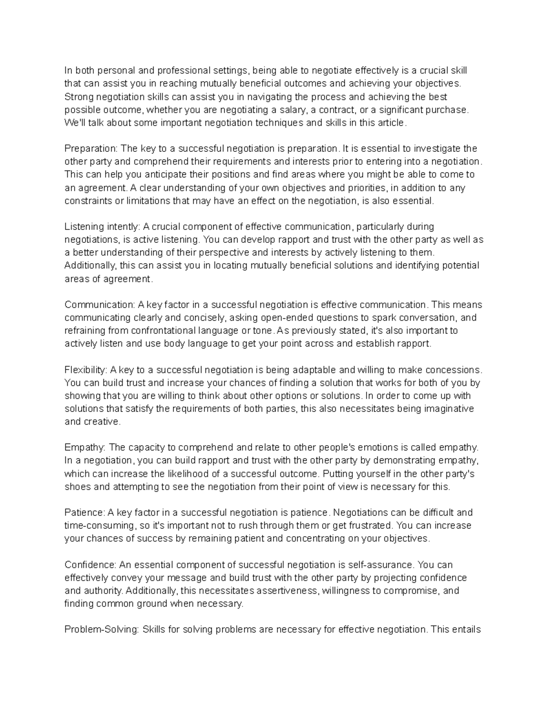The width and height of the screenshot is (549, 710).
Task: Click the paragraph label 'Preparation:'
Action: click(x=91, y=149)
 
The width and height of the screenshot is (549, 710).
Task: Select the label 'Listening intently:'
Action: click(x=102, y=227)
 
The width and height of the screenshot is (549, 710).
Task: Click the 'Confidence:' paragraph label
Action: click(x=91, y=565)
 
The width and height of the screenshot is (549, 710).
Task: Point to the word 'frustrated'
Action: click(x=372, y=526)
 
